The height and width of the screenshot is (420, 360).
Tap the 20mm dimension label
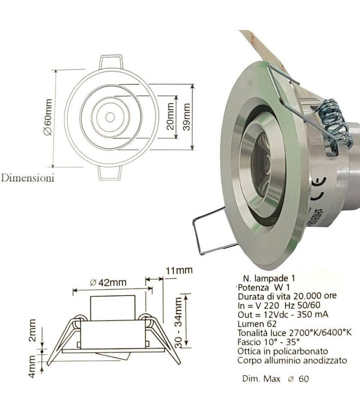(170, 117)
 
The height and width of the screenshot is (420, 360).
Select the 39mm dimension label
(186, 116)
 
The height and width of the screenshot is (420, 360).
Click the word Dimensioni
(28, 178)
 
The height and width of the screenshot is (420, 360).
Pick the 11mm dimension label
(179, 270)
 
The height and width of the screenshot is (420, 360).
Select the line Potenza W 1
(260, 288)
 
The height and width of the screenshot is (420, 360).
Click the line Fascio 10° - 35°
(268, 342)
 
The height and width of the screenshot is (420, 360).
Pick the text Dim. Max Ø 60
(276, 378)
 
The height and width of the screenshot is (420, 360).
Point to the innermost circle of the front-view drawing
(109, 117)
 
